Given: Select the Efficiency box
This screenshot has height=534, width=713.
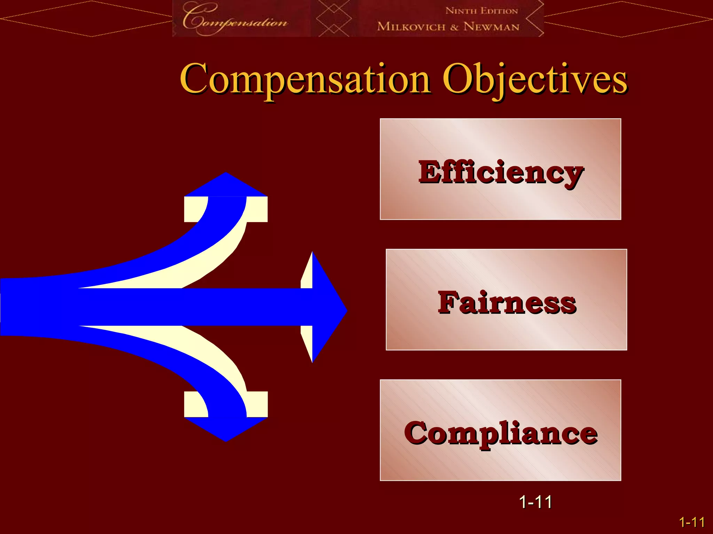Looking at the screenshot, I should (500, 169).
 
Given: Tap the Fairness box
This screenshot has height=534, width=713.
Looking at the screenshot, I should (506, 300).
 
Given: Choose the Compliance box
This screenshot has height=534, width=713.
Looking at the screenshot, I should (500, 430).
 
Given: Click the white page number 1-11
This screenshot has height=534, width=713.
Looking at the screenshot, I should (535, 502).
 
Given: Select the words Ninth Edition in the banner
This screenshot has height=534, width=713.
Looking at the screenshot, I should (482, 11).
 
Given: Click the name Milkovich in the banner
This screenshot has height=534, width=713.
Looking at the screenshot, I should (411, 26).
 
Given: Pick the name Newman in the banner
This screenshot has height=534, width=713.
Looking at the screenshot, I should (491, 26).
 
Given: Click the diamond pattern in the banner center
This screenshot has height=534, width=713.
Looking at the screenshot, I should (334, 18).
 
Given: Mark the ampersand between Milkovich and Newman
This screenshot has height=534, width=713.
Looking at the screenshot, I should (454, 27).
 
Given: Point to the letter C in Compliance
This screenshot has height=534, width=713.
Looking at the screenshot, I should (416, 433).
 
